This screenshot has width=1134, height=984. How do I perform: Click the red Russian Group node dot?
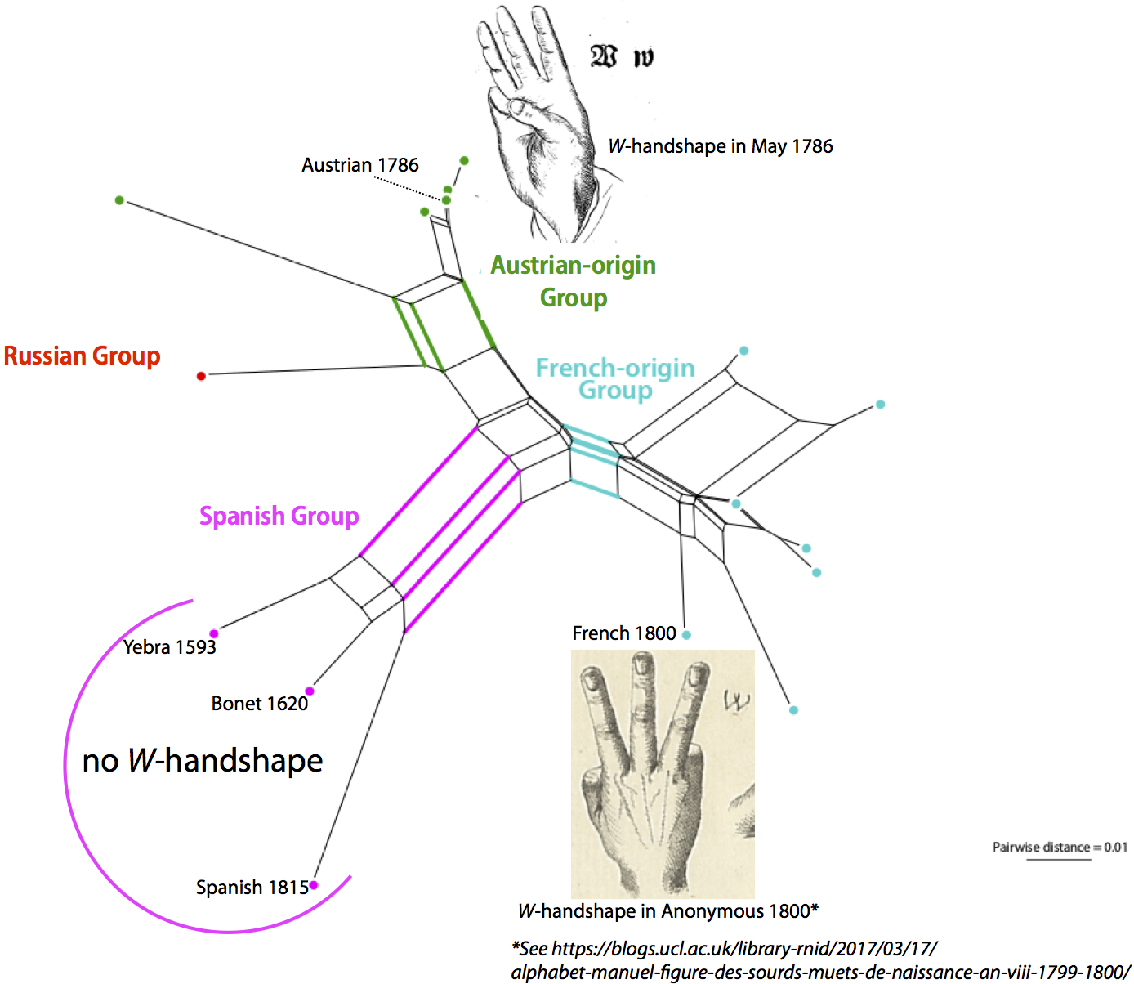[201, 376]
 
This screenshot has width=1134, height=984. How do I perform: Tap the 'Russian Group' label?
[82, 356]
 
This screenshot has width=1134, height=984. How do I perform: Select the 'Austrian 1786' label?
[359, 165]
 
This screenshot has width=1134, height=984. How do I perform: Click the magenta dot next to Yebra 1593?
[214, 633]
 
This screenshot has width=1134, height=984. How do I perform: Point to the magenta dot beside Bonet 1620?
[310, 691]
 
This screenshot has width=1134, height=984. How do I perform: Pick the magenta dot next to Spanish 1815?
[314, 885]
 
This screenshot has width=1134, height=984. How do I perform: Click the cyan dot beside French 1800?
[686, 635]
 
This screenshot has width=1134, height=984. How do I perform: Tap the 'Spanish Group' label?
[279, 517]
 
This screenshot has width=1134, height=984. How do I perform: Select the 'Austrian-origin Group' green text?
[573, 281]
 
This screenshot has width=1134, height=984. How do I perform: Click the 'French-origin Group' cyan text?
[615, 378]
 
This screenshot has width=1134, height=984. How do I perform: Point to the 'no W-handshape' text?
[203, 761]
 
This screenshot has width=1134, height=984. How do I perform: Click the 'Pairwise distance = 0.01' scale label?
[1059, 848]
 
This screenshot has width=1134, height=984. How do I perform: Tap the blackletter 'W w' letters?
[622, 56]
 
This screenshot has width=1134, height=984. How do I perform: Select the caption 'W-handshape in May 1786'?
[721, 146]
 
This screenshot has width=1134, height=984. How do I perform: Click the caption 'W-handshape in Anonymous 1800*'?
[668, 911]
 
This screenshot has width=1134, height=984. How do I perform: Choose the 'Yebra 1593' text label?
[169, 647]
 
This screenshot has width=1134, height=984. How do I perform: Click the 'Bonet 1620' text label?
[259, 704]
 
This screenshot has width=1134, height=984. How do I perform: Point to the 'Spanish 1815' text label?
[252, 888]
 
